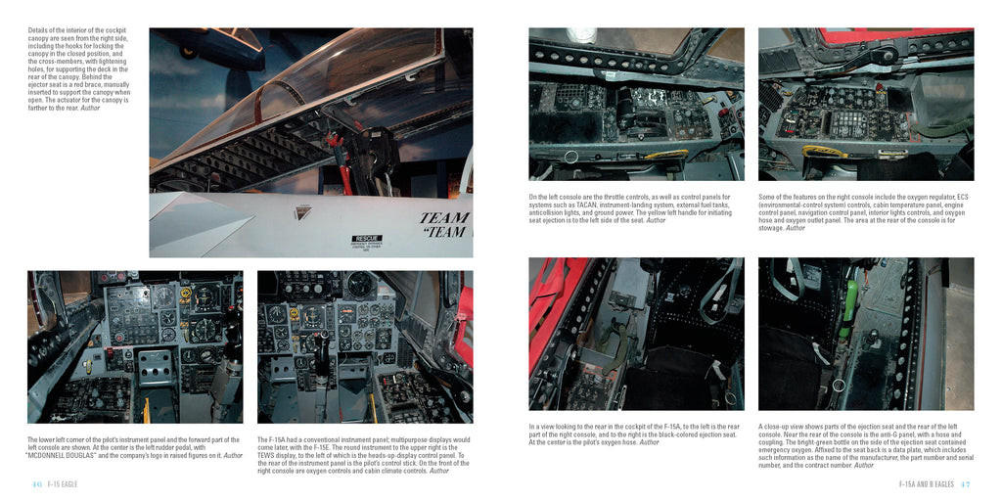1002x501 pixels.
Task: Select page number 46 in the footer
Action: click(35, 484)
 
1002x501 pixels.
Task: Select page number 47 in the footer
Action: click(965, 484)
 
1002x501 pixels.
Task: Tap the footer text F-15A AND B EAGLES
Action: click(926, 484)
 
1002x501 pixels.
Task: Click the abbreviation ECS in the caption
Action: click(960, 197)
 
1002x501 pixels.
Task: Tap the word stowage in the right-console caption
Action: click(770, 228)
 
